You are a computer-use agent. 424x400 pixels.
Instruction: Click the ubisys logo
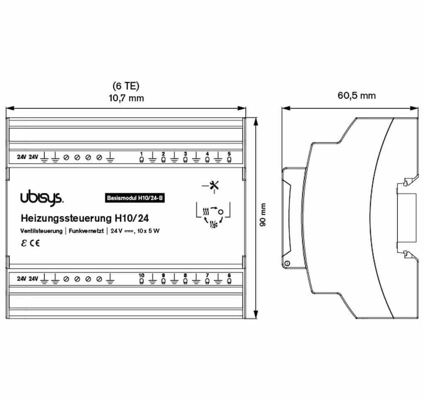[x=42, y=199]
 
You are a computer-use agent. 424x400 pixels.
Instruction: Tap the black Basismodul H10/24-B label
[x=135, y=198]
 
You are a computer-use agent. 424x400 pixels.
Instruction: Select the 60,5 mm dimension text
[x=357, y=95]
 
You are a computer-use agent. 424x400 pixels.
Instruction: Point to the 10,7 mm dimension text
[x=126, y=98]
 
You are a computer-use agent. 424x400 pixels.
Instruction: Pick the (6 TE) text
[x=126, y=86]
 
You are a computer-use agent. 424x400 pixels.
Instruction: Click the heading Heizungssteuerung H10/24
[x=85, y=218]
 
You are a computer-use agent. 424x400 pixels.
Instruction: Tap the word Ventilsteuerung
[x=41, y=231]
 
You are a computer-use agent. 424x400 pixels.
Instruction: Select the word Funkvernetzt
[x=86, y=231]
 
